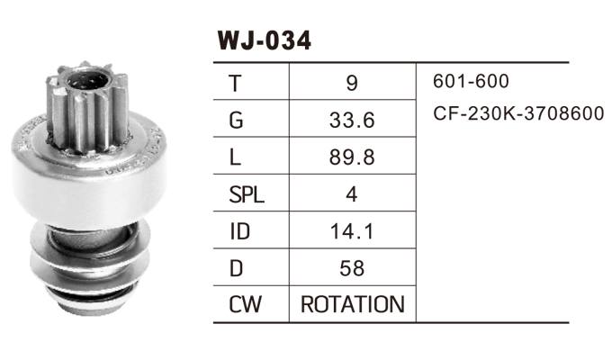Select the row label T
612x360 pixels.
(236, 83)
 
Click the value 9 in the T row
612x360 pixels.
(351, 83)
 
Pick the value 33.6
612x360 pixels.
(351, 120)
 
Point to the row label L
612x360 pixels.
(235, 157)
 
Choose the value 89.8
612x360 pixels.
(351, 157)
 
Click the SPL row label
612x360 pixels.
(246, 194)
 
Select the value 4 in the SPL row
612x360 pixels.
(351, 194)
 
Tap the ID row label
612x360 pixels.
(239, 231)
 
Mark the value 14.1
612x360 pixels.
(351, 231)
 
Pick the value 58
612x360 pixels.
(351, 268)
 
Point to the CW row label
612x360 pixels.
(245, 305)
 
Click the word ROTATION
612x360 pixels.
(352, 305)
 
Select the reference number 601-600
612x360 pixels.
(471, 82)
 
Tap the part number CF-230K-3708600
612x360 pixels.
(518, 115)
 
